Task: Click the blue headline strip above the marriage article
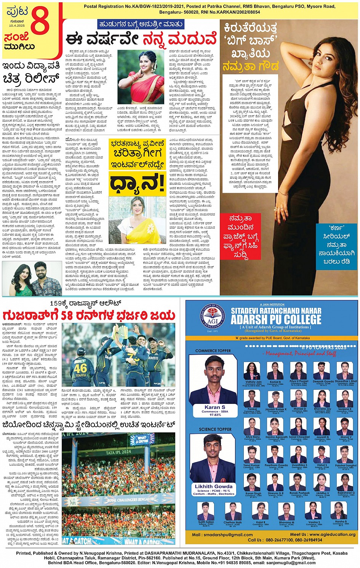point(141,24)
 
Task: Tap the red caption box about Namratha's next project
point(241,236)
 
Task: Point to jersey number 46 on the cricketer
point(80,369)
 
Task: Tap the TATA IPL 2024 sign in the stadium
point(118,453)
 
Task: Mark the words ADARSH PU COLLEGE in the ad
point(276,319)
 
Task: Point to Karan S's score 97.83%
point(215,415)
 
